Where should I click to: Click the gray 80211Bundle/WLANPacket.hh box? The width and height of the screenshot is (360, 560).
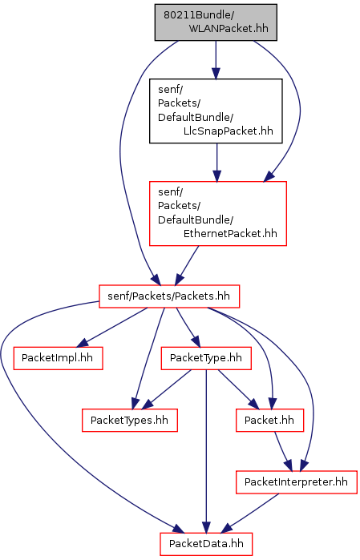216,22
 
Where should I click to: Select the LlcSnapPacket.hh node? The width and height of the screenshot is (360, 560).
216,111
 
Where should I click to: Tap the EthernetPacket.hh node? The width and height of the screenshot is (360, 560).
218,214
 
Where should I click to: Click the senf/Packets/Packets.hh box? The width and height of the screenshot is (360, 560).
169,296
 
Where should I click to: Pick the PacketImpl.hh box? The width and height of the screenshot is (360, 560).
58,358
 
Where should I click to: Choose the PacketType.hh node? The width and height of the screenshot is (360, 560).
206,358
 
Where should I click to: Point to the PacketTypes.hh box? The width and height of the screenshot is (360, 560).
129,420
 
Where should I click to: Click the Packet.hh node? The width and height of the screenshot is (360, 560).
269,420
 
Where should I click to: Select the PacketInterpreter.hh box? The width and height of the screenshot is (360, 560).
297,481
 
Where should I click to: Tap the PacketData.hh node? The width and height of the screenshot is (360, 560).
206,543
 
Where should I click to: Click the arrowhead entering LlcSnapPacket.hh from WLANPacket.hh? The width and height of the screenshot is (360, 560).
216,73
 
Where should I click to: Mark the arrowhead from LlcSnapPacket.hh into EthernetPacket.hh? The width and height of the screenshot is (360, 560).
216,175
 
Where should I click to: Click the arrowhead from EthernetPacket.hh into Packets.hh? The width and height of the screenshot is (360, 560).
180,280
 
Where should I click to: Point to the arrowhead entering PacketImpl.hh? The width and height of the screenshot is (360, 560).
83,343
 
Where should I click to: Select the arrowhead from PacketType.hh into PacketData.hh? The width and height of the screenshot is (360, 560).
206,526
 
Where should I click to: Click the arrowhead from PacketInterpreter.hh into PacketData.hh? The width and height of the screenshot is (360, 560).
228,528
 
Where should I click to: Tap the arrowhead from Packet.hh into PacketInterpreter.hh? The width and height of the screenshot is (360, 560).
289,465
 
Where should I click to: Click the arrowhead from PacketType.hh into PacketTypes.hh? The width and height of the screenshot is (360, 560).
147,405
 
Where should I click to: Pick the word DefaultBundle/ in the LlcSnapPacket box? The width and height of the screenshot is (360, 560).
196,117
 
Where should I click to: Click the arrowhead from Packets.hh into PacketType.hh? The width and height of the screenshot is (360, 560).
195,341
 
